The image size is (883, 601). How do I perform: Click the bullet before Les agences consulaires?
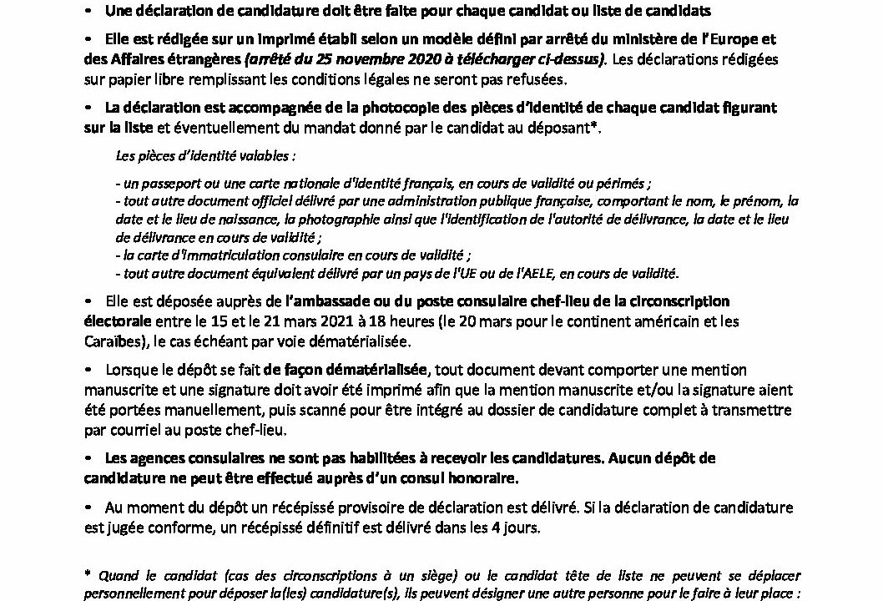click(x=88, y=460)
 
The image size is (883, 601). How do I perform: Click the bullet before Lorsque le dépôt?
click(x=88, y=370)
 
